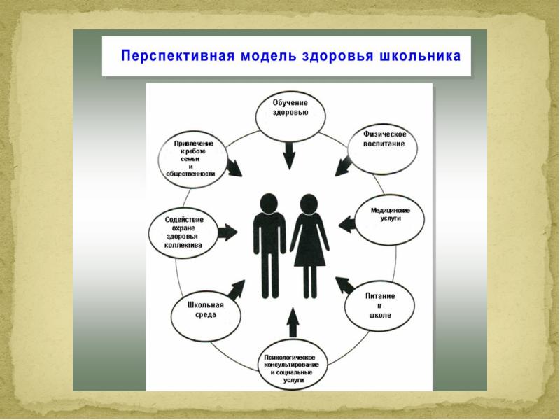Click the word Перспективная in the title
point(176,56)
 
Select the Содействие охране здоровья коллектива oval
point(183,232)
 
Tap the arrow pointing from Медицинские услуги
point(348,224)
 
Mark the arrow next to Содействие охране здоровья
point(227,233)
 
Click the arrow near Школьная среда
point(237,288)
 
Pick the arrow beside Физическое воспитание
point(344,165)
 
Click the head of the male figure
point(267,203)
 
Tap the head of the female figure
point(309,204)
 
